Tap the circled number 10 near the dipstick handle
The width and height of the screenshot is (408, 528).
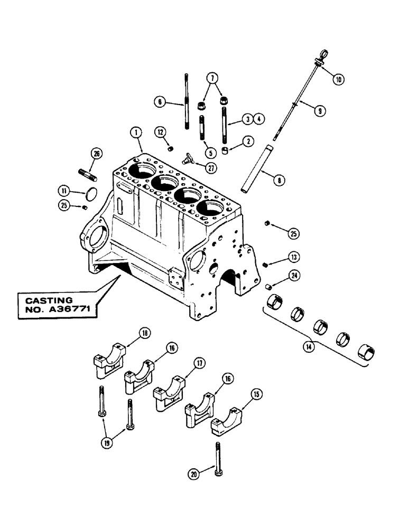(338, 79)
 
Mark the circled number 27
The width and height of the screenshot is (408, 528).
(212, 168)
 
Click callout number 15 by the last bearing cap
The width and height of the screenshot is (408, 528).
(257, 394)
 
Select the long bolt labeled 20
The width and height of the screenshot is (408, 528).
(218, 459)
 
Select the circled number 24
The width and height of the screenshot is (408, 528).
(294, 275)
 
